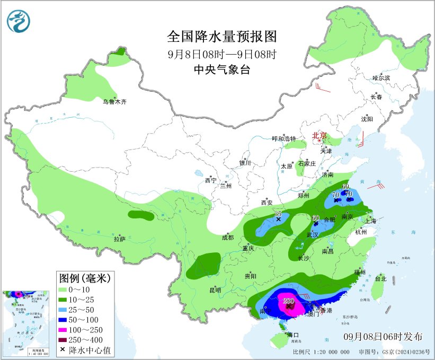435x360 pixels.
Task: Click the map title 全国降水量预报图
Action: [222, 36]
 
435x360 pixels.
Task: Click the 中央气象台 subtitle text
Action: [222, 69]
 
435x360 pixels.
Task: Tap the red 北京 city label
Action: [320, 135]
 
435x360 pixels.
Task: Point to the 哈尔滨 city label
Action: [380, 78]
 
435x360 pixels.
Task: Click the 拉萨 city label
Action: [119, 239]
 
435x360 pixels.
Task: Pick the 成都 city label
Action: [227, 237]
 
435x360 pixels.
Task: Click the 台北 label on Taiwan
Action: [380, 278]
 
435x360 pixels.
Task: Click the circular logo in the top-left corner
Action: [19, 20]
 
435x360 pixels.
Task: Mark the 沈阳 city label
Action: [367, 119]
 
